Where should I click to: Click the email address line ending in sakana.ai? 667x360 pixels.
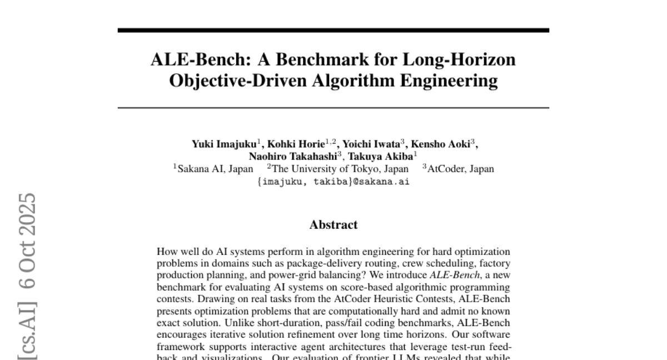pos(333,181)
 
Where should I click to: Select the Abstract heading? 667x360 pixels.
pos(333,225)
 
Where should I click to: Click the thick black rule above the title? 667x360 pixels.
pos(333,30)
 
